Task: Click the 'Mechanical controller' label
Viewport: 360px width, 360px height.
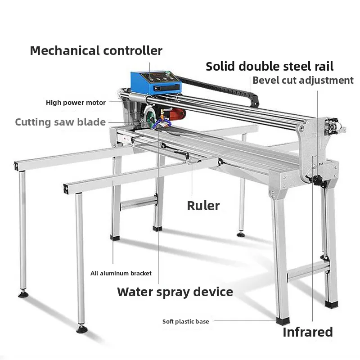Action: tap(96, 50)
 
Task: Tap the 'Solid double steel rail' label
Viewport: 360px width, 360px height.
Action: tap(270, 67)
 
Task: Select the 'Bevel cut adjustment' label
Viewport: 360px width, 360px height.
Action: tap(303, 81)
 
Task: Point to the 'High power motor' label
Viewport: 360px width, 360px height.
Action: tap(76, 103)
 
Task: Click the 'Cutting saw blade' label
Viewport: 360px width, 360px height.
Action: tap(60, 122)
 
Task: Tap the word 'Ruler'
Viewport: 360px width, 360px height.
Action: tap(203, 206)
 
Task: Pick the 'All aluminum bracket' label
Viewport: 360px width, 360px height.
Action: tap(121, 273)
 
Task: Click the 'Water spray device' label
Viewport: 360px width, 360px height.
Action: tap(175, 292)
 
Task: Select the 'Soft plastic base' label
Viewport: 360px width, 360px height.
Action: tap(185, 321)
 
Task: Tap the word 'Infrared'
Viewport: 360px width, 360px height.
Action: tap(308, 333)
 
